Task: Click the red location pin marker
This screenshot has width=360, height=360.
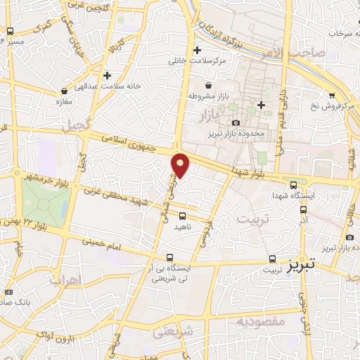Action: pyautogui.click(x=181, y=165)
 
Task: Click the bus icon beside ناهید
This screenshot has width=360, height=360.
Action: pyautogui.click(x=183, y=216)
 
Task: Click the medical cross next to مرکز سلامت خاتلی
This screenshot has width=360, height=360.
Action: pyautogui.click(x=197, y=50)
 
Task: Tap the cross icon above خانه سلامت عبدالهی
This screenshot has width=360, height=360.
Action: pyautogui.click(x=107, y=75)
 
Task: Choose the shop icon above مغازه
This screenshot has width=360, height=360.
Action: pyautogui.click(x=65, y=91)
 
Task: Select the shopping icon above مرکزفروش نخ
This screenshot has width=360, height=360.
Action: pyautogui.click(x=332, y=95)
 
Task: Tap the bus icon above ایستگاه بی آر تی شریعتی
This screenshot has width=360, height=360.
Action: pyautogui.click(x=170, y=257)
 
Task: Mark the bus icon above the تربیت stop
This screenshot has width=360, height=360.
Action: pyautogui.click(x=271, y=257)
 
